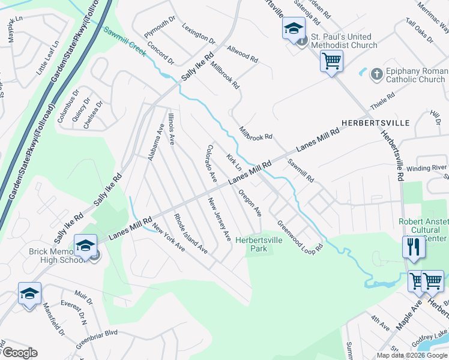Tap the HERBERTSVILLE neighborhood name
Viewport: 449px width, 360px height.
tap(375, 122)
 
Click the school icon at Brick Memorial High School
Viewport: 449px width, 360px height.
tap(86, 246)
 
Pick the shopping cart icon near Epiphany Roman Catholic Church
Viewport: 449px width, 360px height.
tap(331, 61)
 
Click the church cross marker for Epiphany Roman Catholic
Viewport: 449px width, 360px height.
tap(376, 74)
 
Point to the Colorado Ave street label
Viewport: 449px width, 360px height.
tap(211, 163)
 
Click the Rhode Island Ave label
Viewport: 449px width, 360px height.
tap(191, 233)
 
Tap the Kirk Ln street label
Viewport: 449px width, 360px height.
tap(234, 161)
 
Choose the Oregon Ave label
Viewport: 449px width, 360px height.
tap(250, 203)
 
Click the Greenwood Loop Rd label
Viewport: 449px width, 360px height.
tap(300, 236)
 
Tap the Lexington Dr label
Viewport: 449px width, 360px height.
tap(199, 35)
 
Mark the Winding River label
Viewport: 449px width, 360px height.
tap(427, 167)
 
